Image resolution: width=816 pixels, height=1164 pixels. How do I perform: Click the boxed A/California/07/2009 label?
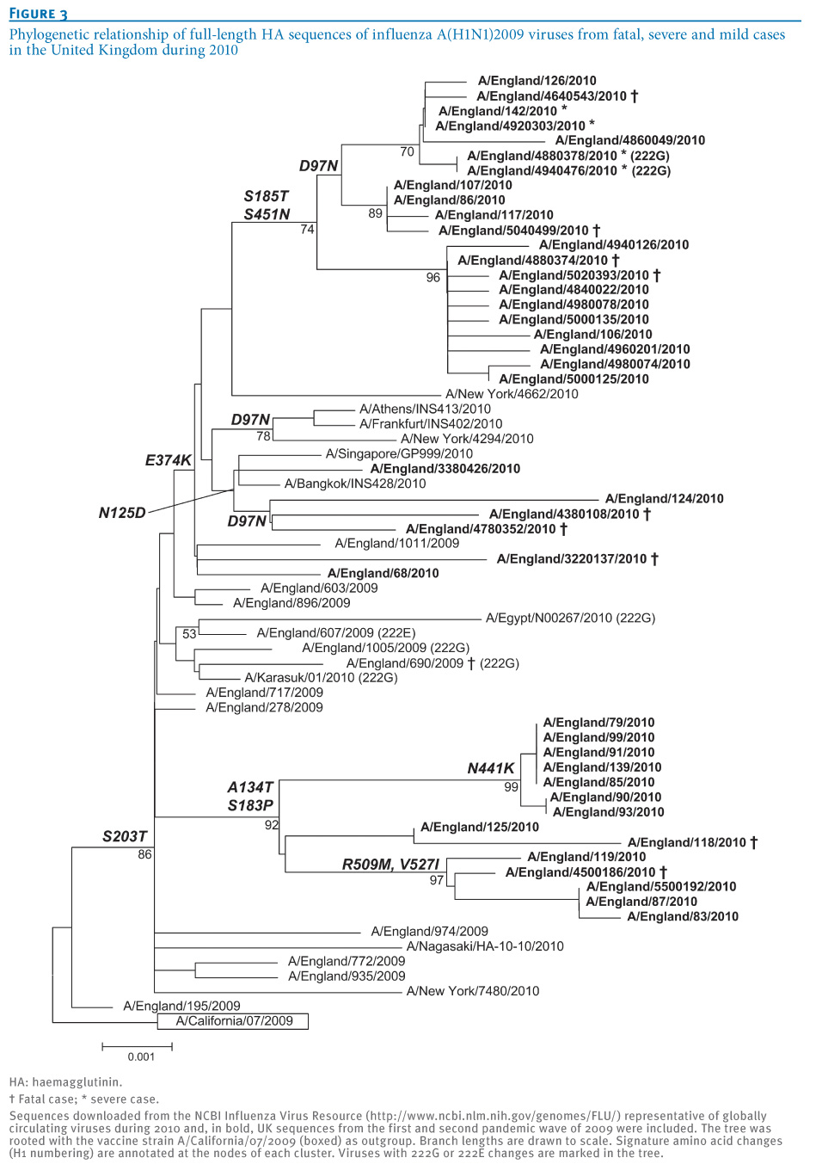click(x=233, y=1021)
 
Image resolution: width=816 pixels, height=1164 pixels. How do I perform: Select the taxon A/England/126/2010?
click(x=537, y=81)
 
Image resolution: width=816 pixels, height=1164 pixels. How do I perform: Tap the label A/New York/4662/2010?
click(x=512, y=394)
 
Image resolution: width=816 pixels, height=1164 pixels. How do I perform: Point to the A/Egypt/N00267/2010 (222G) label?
click(x=570, y=618)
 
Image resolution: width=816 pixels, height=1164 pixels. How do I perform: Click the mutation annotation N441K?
click(x=490, y=768)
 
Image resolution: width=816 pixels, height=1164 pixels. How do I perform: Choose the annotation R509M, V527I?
click(x=390, y=865)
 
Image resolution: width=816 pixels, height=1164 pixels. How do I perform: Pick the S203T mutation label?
click(x=125, y=836)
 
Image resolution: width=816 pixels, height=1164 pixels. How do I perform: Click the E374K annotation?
click(x=168, y=460)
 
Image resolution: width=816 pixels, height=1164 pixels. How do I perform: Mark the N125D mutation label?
click(x=122, y=514)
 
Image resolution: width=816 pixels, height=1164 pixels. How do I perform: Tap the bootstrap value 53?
click(x=189, y=634)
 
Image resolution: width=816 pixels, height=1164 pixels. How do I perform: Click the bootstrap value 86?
click(x=144, y=854)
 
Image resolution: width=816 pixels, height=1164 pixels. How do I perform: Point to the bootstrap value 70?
click(x=407, y=151)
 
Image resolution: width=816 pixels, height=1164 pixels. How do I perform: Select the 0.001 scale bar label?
click(x=141, y=1056)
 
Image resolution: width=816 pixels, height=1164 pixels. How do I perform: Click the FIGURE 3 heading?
click(x=39, y=14)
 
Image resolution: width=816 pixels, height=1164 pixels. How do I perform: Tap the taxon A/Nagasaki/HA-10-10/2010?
click(x=485, y=946)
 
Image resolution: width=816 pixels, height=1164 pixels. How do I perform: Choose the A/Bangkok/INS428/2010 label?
click(x=355, y=483)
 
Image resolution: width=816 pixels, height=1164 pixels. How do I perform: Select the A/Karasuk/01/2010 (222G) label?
click(x=321, y=678)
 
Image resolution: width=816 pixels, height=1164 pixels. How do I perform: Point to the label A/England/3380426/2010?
click(x=445, y=469)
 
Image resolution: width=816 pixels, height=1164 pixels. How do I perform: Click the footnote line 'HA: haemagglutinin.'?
click(x=65, y=1082)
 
